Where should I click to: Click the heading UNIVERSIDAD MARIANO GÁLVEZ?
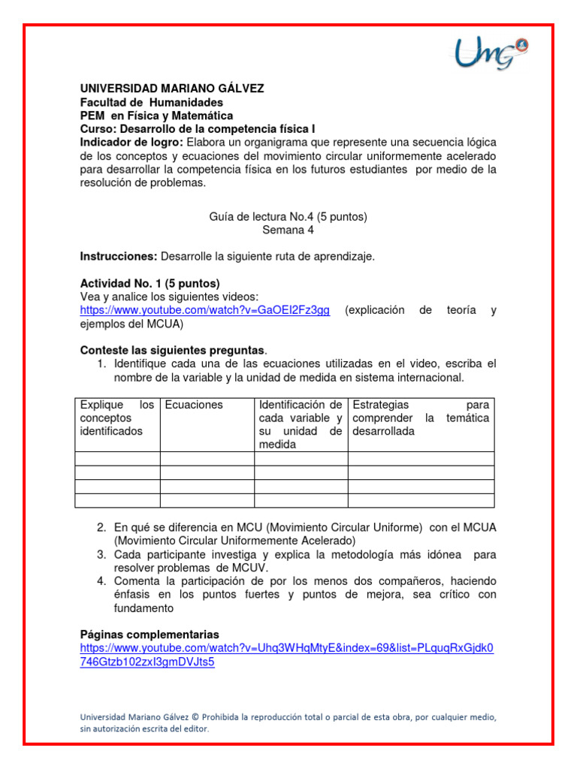[172, 89]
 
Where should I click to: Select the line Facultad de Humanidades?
[152, 102]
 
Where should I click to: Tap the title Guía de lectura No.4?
[288, 217]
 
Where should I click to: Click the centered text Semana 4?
[288, 231]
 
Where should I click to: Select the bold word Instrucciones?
[119, 257]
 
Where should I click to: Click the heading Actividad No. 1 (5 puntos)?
[150, 284]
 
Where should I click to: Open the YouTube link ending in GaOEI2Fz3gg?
[205, 311]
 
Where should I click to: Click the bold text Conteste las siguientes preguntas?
[173, 351]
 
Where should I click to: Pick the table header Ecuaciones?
[194, 405]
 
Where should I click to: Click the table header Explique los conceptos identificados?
[117, 418]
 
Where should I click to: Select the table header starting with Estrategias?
[420, 418]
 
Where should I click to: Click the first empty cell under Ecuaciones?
[207, 458]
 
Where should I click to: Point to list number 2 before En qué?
[101, 528]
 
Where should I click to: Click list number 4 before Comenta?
[101, 581]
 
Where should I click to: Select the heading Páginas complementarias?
[150, 635]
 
